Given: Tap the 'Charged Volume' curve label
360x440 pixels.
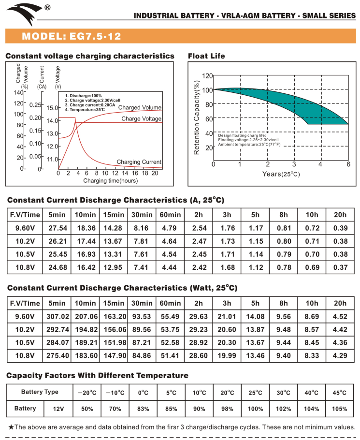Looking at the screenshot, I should [140, 107].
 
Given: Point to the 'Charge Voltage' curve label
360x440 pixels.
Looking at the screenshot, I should [141, 118].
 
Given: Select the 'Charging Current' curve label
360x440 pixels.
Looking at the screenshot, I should [139, 162].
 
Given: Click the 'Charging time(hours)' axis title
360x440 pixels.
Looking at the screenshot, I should [110, 181].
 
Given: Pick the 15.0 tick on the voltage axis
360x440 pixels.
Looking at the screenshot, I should [52, 108].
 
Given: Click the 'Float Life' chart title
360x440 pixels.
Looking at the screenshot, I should [206, 56].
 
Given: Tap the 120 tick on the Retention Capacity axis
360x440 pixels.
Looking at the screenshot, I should [207, 76].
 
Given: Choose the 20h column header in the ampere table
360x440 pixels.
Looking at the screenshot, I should [340, 215].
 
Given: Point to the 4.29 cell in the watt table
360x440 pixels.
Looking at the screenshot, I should [340, 356].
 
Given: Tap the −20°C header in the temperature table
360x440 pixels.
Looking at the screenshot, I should [87, 393].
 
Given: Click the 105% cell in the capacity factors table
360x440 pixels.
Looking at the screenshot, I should [340, 409].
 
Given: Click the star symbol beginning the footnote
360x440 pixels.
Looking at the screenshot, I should [12, 427].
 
